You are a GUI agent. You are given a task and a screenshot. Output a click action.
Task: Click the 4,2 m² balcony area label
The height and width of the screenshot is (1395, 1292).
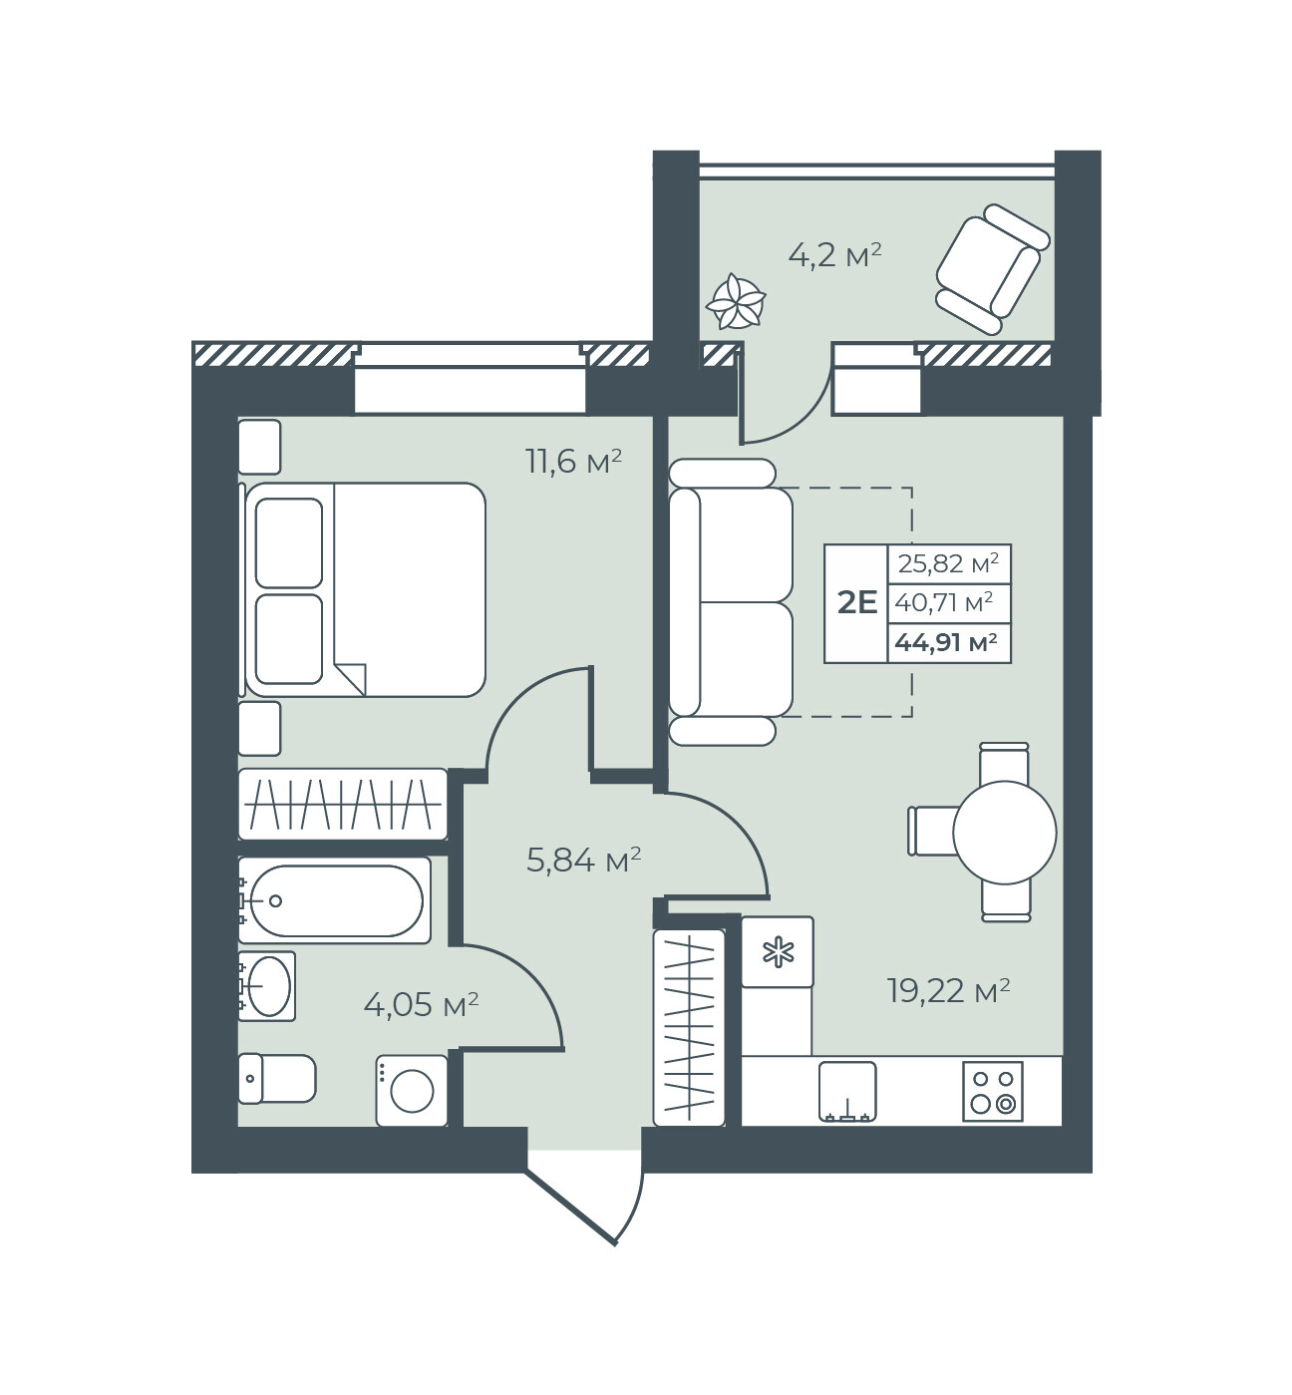coord(834,255)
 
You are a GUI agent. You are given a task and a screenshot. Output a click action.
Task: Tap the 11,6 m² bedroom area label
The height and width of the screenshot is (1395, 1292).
coord(574,462)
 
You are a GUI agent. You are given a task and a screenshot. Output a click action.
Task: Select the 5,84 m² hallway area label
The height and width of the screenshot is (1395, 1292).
coord(584,860)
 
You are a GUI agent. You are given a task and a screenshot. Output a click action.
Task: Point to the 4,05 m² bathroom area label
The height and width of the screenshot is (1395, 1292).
coord(421,1005)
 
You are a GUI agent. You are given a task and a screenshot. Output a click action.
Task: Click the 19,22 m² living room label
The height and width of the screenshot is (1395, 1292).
coord(948,991)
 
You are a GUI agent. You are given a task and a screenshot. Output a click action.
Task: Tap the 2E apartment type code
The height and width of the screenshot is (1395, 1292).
coord(857,602)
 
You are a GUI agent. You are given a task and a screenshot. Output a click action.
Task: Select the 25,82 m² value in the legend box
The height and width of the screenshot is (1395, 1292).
coord(948,563)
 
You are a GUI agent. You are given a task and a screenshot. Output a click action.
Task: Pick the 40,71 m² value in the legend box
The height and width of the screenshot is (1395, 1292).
coord(943,602)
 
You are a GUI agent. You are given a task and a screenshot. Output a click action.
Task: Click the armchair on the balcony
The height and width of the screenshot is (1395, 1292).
coord(993,269)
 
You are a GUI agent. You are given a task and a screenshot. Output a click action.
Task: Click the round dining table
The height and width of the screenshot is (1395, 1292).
coord(1005,833)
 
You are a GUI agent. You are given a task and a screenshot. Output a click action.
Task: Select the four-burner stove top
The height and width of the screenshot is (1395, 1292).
coord(993,1091)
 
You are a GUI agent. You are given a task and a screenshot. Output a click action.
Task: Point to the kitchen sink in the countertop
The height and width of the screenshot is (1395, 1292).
coord(847,1091)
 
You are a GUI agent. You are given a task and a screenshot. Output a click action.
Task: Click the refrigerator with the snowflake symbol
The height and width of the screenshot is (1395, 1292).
coord(778,952)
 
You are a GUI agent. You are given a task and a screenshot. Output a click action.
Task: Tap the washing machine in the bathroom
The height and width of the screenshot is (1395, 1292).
coord(412,1091)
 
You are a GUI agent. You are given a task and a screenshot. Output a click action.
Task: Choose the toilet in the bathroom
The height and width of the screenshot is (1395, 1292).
coord(277,1078)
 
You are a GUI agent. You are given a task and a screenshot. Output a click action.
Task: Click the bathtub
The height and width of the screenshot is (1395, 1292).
coord(334,900)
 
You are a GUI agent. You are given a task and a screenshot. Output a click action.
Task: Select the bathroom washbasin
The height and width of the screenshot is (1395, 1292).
coord(267,986)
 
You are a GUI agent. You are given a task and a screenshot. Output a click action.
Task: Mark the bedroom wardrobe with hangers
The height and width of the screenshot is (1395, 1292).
coord(343,805)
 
